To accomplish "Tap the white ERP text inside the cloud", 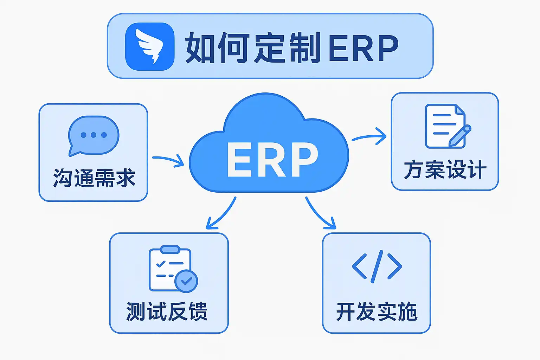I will (x=272, y=160).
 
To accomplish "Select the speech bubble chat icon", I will (x=94, y=135).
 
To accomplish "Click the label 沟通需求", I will (x=94, y=178).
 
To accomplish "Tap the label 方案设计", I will (x=445, y=170).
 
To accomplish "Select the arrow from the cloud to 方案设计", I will (x=369, y=137).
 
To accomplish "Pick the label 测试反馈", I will (x=167, y=311).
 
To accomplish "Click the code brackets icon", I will (x=377, y=266).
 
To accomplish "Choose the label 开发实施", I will (x=377, y=311).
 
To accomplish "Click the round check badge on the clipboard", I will (x=186, y=281).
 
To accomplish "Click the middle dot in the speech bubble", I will (x=94, y=135).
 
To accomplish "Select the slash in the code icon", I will (x=377, y=266).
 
